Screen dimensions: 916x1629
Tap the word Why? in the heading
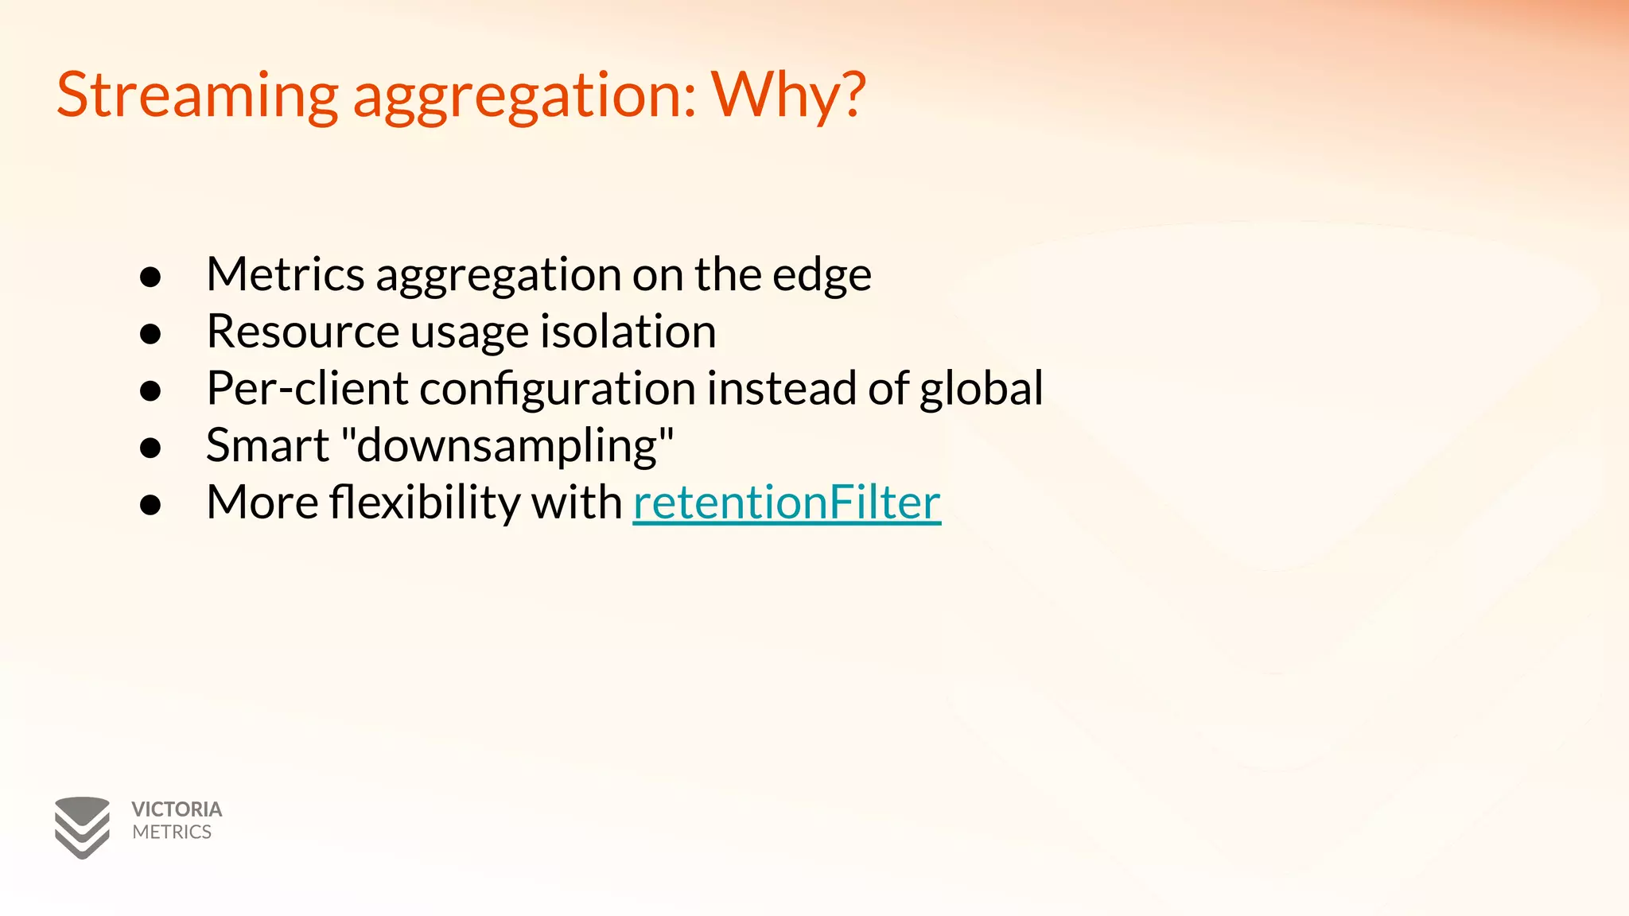(x=788, y=95)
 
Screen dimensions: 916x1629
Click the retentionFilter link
(x=787, y=503)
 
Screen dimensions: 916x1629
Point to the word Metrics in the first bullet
(x=285, y=274)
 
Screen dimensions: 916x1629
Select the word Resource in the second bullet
(x=302, y=332)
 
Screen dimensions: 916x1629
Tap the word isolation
(x=628, y=332)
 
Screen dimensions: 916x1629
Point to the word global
(x=981, y=389)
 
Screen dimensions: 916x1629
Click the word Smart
(x=267, y=445)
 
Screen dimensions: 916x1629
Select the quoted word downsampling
(x=507, y=446)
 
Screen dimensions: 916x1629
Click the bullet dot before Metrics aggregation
(x=150, y=277)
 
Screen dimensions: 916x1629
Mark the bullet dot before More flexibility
(x=150, y=505)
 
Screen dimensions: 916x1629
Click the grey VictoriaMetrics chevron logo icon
(x=82, y=827)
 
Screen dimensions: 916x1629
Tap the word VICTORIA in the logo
(x=177, y=809)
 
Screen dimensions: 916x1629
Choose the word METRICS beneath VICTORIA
(x=172, y=832)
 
